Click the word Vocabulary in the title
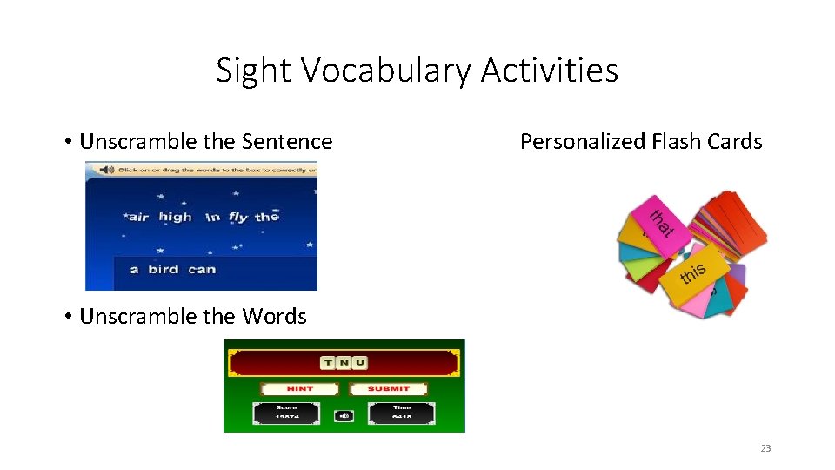392,70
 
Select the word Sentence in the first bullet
291,142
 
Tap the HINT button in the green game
300,388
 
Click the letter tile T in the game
328,363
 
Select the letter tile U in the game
359,363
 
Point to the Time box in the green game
401,412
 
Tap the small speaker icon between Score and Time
344,415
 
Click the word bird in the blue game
164,269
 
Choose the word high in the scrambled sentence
175,217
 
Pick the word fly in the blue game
238,217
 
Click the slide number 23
765,448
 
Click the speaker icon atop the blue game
106,170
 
